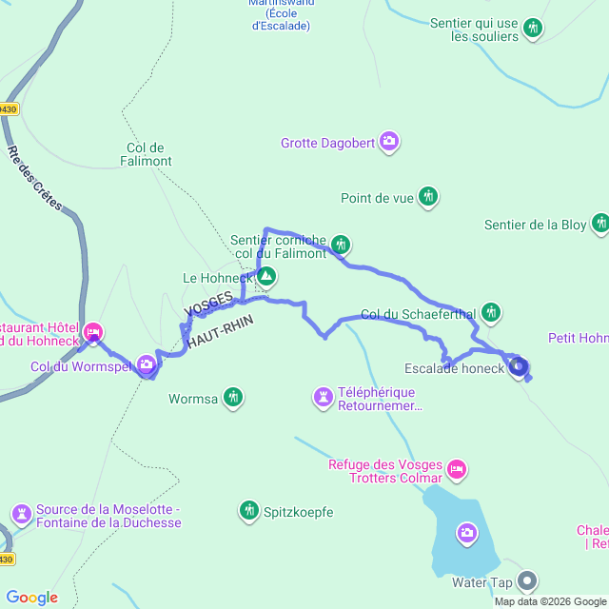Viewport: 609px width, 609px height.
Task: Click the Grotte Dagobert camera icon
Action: pos(389,143)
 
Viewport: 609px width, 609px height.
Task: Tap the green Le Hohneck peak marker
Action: pos(265,278)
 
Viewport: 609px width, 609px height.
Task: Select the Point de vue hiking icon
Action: pos(429,197)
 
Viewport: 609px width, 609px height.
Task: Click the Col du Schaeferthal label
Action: pos(419,313)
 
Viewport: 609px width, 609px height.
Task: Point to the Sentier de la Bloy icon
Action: pos(600,224)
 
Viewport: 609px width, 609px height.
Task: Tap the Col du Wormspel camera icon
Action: pos(146,363)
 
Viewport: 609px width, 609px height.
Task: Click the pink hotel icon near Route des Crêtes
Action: pos(93,332)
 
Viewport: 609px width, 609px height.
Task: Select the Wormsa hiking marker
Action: pos(233,397)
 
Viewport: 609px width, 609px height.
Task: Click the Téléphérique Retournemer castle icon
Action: pos(324,395)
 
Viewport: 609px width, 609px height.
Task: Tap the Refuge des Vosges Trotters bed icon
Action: pos(457,468)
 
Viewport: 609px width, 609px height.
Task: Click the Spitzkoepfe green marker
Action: pos(249,511)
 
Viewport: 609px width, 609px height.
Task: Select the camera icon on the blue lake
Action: pos(467,532)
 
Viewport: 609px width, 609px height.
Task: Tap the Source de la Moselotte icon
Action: pos(21,514)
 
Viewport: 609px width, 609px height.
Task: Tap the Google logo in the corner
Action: pos(31,598)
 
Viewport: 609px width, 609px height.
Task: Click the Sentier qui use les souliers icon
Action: pos(535,28)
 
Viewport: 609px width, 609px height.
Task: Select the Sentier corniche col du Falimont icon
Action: pos(341,245)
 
